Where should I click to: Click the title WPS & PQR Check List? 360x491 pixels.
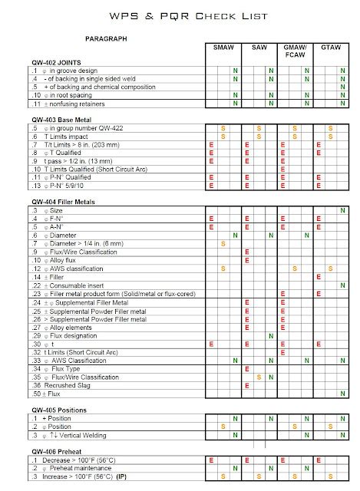[180, 16]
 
